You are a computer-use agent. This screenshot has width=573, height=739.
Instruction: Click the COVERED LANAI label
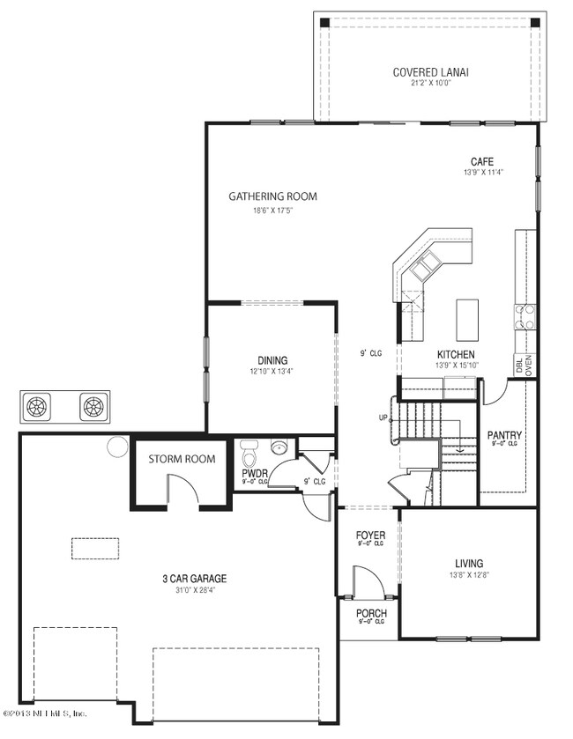coord(430,71)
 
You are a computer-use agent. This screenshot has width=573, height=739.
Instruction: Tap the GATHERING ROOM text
coord(272,196)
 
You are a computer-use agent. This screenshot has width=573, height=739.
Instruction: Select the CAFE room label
coord(481,161)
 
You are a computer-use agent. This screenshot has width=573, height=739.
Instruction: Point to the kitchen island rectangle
coord(467,320)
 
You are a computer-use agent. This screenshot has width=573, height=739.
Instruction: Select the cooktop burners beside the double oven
coord(525,315)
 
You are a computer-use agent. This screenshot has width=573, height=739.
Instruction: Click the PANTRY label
coord(504,435)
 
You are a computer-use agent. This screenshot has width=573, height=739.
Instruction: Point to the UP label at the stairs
coord(383,418)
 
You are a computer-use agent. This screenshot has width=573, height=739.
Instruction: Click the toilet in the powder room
coord(248,456)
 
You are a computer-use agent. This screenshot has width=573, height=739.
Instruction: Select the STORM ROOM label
coord(182,459)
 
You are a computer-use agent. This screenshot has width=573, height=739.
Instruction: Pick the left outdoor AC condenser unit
coord(37,406)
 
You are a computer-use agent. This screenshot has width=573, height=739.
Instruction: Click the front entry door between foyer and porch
coord(363,583)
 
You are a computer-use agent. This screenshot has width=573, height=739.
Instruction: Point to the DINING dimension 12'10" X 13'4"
coord(272,372)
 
